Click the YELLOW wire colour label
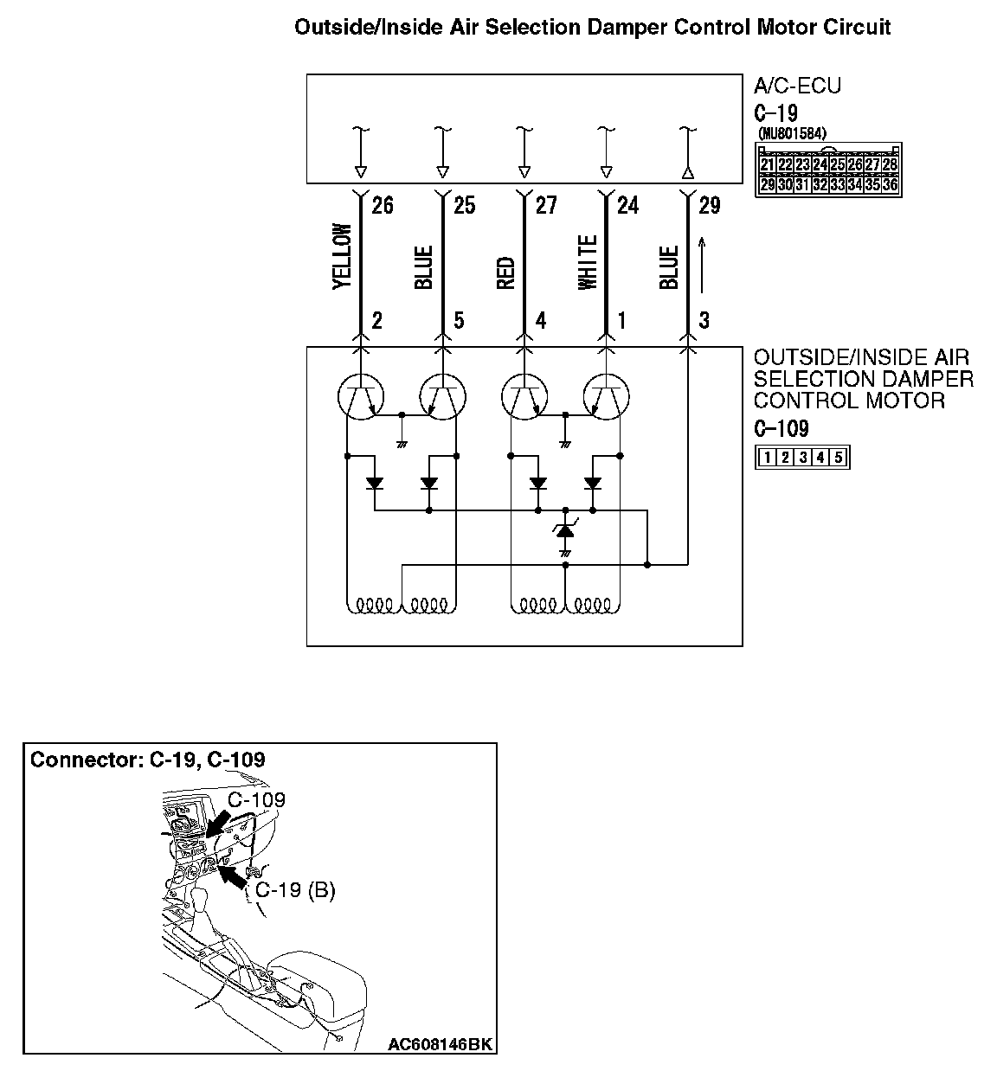(342, 257)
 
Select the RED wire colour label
(506, 273)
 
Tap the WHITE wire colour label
(588, 262)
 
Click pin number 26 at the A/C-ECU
(382, 205)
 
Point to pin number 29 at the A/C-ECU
(709, 205)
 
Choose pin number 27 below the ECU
(546, 205)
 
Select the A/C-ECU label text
(797, 86)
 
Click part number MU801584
(792, 134)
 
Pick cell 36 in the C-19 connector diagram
(890, 184)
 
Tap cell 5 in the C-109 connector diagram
(838, 458)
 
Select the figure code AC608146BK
(440, 1045)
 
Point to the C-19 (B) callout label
(295, 889)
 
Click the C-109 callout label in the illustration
(256, 799)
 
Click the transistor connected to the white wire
(605, 397)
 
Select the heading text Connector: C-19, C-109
(148, 760)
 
